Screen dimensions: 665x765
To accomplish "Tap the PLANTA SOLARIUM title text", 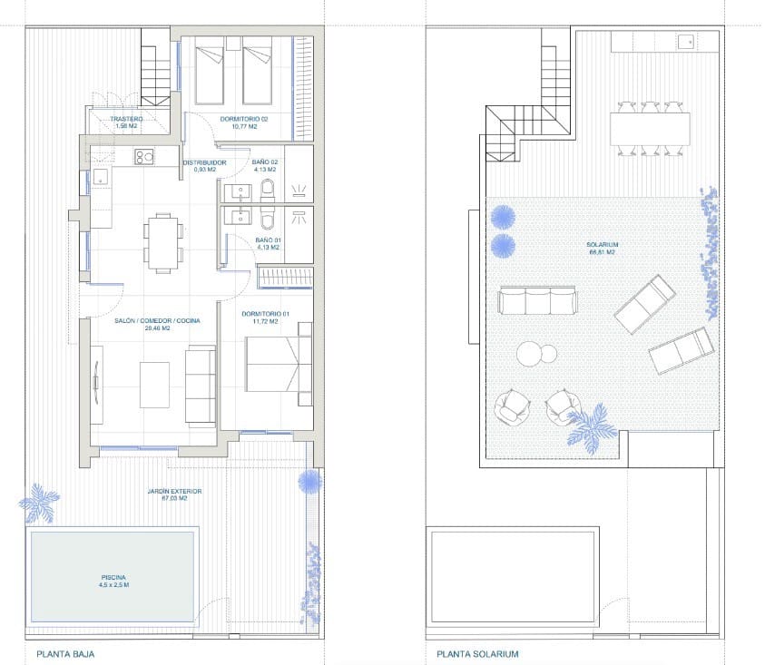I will pos(477,653).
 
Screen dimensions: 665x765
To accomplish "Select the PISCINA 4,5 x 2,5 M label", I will pos(115,581).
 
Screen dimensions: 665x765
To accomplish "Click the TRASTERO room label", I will pos(126,122).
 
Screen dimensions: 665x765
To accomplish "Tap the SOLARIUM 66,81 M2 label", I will pos(601,248).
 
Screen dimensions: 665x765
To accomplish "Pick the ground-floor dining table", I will pos(162,242).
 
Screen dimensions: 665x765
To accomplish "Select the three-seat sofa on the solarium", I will pos(538,301).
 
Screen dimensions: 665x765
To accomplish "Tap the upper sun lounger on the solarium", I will pos(645,304).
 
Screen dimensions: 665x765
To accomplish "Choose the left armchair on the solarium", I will pos(514,407).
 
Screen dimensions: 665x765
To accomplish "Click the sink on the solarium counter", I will pos(685,41).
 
